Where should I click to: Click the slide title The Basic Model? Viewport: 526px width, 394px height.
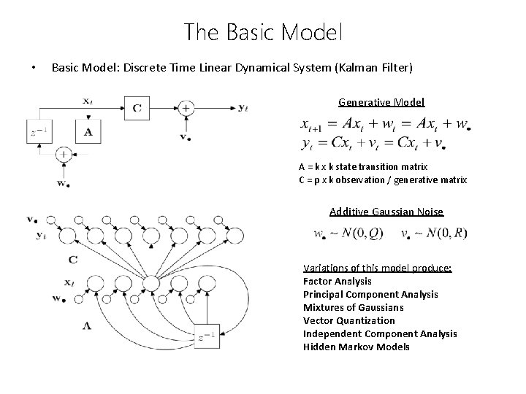click(x=263, y=31)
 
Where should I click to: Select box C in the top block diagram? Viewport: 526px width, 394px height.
click(x=137, y=109)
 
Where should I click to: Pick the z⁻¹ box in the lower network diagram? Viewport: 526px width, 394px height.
click(x=205, y=336)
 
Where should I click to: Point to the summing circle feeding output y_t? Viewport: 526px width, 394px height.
click(x=187, y=109)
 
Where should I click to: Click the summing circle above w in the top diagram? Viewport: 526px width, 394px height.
click(x=64, y=155)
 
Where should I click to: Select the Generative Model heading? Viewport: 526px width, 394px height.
click(x=381, y=102)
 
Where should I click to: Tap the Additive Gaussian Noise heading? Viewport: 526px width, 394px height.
click(x=386, y=212)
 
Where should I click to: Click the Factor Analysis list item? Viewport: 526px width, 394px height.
click(x=337, y=281)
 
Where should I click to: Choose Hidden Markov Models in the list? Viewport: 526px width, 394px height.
click(x=357, y=347)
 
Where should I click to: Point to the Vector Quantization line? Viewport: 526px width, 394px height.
click(x=348, y=320)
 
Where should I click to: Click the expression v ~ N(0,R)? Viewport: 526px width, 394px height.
click(x=434, y=234)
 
